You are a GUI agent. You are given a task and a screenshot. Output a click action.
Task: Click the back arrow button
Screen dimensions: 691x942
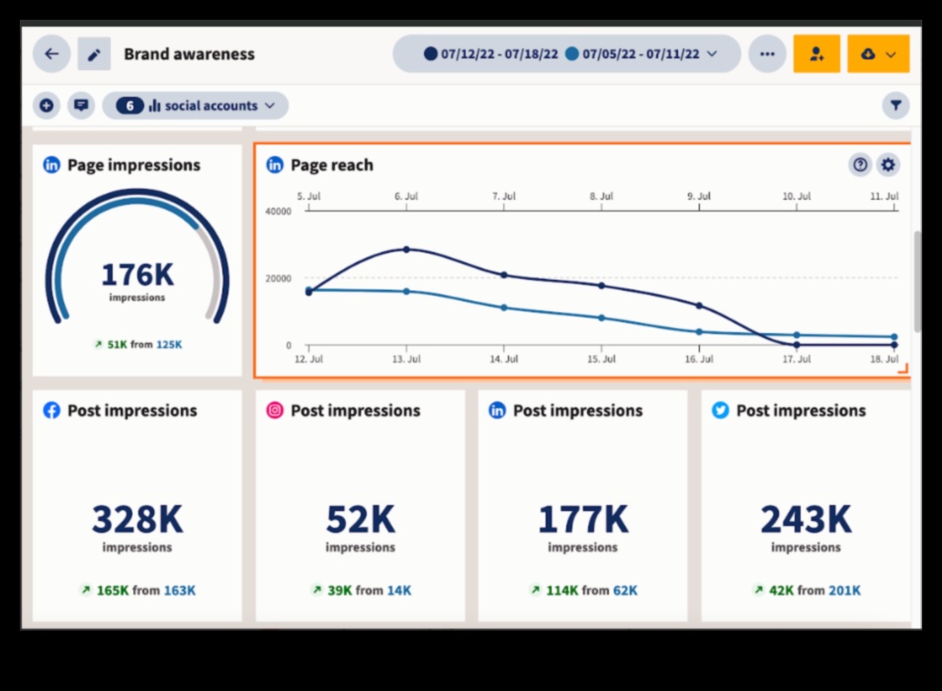51,54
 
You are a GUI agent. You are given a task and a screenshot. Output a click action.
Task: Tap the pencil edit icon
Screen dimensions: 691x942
94,54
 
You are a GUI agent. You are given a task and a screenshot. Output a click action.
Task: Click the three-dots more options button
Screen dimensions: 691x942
767,54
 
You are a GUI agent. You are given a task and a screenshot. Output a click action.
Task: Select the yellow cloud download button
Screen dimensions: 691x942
878,54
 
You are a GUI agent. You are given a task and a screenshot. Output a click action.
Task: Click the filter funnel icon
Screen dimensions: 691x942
896,105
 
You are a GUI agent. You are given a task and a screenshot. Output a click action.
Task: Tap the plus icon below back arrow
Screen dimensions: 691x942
46,106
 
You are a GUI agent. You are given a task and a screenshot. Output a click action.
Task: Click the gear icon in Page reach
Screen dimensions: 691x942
888,165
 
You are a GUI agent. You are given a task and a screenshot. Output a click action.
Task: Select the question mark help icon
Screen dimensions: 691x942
860,165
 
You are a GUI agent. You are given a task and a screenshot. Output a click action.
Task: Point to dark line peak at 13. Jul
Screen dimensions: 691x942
405,249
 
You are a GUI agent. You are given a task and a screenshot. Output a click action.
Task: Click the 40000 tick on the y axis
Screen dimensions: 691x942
279,212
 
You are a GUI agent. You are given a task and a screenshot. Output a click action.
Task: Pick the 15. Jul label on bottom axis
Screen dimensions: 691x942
602,361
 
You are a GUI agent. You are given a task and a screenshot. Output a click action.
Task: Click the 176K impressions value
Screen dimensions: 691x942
136,274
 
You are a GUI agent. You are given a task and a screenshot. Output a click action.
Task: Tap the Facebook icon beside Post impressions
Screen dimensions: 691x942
52,410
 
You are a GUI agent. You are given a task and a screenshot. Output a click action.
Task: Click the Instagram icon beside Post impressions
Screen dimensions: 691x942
275,410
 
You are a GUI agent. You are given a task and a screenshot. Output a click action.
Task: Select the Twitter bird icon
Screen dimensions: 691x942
721,410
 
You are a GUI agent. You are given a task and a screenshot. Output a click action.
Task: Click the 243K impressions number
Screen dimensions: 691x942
806,519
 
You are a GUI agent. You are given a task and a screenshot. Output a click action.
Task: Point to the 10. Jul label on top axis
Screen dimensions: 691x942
796,197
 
